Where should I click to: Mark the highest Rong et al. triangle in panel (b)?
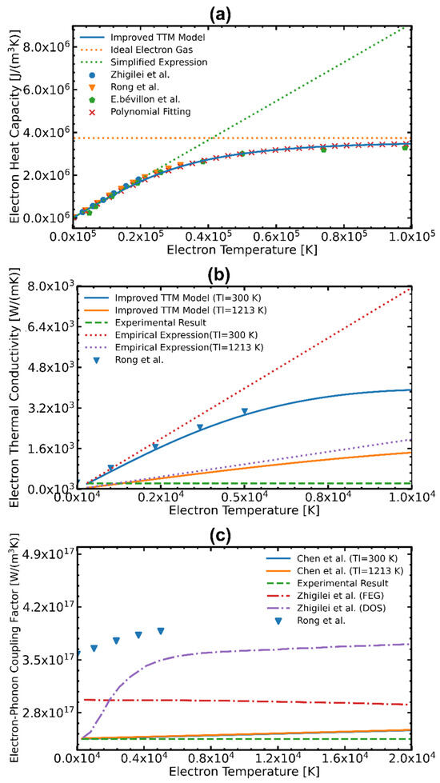tap(245, 412)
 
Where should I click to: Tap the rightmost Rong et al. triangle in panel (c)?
tap(161, 631)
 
